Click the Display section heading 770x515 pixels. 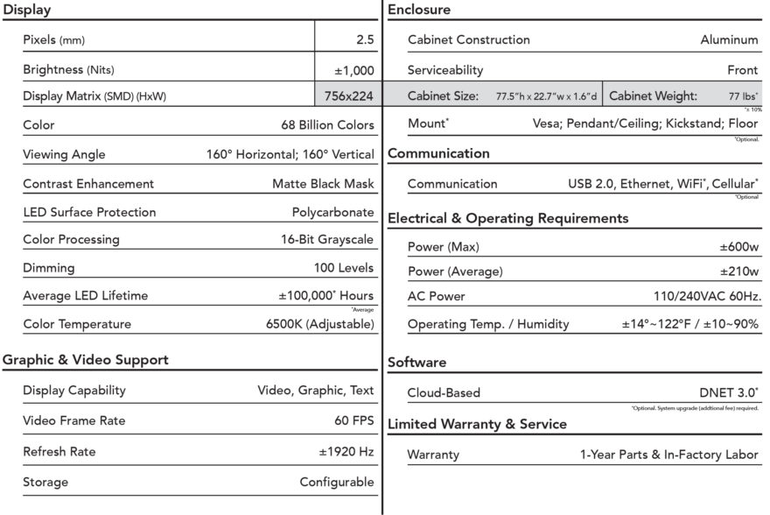click(27, 11)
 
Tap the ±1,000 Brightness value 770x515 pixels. click(353, 69)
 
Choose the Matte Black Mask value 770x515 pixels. click(323, 184)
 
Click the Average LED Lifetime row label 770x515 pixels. click(86, 296)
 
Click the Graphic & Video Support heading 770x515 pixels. click(86, 360)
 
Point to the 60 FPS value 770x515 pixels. click(353, 420)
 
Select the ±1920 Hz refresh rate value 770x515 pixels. click(346, 452)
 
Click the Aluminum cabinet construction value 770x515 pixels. click(729, 39)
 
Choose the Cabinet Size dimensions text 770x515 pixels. click(547, 96)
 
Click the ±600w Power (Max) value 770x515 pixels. click(739, 247)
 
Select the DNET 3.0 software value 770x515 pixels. click(729, 393)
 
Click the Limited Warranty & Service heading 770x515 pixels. click(477, 424)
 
